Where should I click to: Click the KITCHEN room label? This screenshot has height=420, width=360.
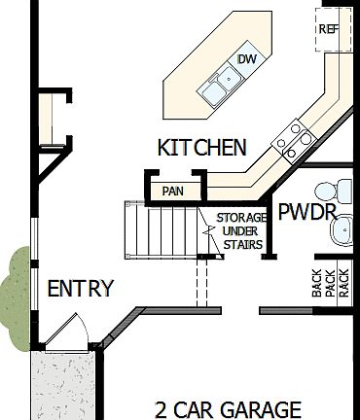201,148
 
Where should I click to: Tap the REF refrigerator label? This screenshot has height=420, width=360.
327,29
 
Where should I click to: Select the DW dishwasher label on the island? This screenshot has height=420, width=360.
247,60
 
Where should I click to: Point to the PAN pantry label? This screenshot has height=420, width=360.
173,191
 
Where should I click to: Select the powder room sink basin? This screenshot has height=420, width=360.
341,229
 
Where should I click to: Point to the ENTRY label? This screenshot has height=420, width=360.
81,289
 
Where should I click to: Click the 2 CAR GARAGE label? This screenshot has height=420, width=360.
228,409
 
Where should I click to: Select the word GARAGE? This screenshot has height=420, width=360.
261,409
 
